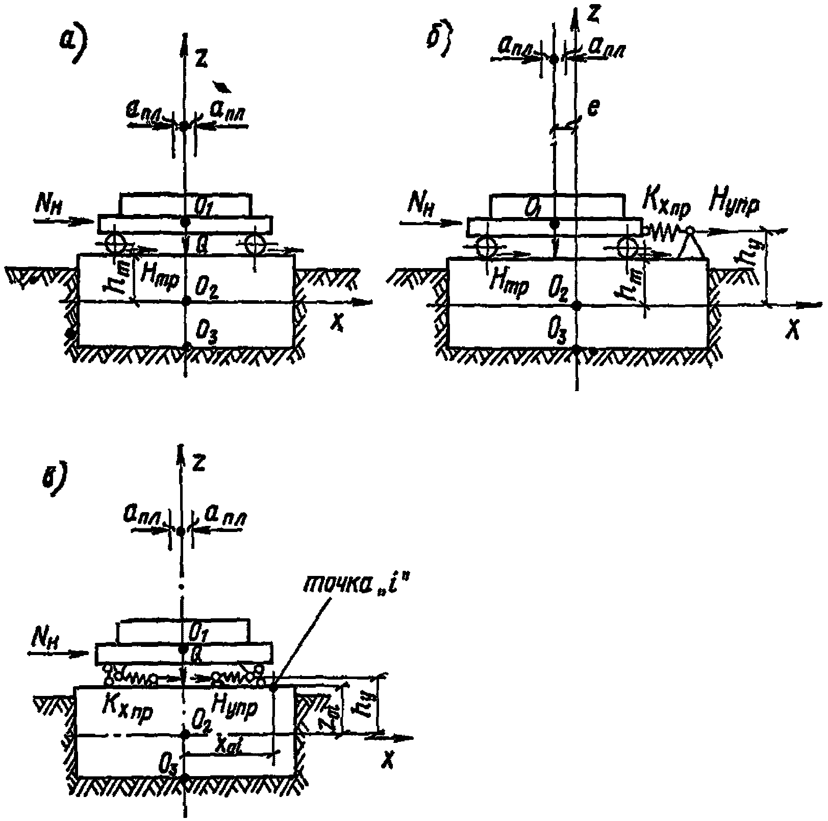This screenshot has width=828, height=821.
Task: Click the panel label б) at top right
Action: click(440, 42)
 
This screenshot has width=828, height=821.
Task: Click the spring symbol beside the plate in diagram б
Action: click(664, 233)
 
